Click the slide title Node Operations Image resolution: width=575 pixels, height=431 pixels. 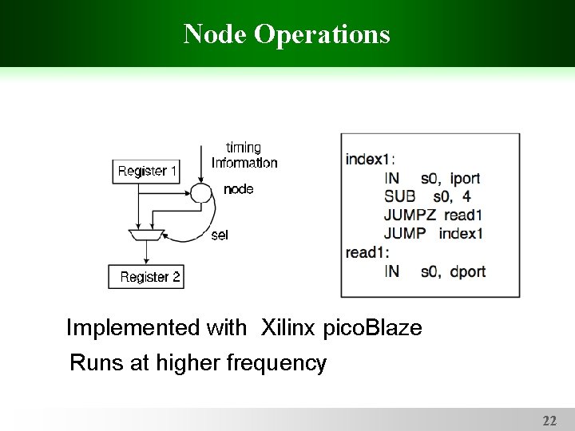click(x=287, y=34)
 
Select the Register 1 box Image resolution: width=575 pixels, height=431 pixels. click(x=148, y=171)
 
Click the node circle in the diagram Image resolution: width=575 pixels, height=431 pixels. click(x=201, y=192)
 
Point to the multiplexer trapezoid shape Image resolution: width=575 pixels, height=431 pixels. click(x=146, y=233)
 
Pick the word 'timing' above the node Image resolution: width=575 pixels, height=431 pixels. click(x=244, y=148)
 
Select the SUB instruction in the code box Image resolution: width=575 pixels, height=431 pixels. click(x=399, y=196)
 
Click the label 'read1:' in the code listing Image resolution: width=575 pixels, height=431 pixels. click(x=367, y=252)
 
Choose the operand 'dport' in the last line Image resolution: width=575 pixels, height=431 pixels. click(x=467, y=271)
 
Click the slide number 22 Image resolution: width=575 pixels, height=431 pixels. click(x=549, y=420)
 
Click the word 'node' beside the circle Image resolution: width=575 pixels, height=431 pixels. click(x=239, y=189)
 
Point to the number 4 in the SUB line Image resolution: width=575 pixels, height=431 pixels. click(x=466, y=196)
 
